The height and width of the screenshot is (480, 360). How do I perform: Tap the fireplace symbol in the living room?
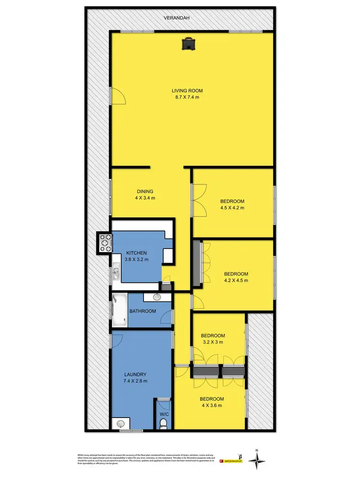[187, 44]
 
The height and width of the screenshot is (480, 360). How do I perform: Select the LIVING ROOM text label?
[188, 90]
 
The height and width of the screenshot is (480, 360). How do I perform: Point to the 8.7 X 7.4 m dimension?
[188, 97]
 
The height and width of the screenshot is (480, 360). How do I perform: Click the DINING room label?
[144, 191]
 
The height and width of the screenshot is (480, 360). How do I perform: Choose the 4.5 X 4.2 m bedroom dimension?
[232, 208]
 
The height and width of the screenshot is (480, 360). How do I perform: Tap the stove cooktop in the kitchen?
[105, 242]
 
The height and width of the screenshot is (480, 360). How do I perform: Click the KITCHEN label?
[136, 253]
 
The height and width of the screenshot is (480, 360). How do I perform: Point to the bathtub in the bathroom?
[119, 311]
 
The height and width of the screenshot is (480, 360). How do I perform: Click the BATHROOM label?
[143, 311]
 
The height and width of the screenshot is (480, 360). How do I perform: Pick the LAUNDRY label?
[134, 374]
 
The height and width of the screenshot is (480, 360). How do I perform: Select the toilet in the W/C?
[164, 423]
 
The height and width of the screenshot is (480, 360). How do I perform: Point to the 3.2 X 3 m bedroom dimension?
[213, 342]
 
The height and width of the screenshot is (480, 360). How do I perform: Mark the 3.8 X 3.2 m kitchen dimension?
[136, 260]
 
